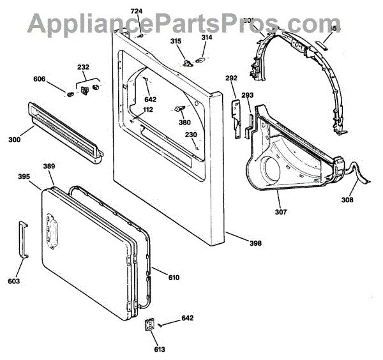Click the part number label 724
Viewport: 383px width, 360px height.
137,11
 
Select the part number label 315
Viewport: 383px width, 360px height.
176,41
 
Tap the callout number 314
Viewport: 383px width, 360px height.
207,38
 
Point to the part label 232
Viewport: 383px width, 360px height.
83,67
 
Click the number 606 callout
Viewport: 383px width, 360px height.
40,79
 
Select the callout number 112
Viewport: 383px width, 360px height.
148,110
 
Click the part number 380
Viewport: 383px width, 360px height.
184,123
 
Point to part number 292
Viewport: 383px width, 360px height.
231,78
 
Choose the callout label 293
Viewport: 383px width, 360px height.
247,95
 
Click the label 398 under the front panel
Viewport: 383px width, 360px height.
255,243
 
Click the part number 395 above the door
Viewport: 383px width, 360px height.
24,176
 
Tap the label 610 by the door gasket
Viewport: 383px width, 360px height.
174,277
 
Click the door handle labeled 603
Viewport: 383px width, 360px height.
24,239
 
